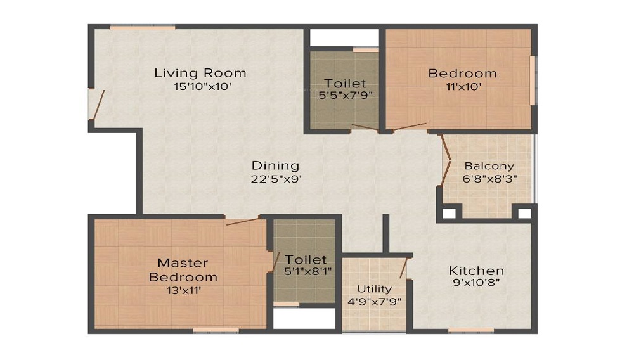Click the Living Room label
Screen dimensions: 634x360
[x=200, y=73]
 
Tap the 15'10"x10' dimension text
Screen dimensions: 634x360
[x=202, y=86]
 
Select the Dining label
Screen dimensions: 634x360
[x=275, y=165]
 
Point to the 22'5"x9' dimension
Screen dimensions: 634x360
[x=276, y=179]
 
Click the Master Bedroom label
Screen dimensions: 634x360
[x=183, y=270]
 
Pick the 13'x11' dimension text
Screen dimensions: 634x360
[x=184, y=290]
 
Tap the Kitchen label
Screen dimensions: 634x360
[x=476, y=270]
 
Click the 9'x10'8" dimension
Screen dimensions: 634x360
[x=476, y=283]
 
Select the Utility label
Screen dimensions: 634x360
[x=375, y=289]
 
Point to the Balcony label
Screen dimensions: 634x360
[x=489, y=166]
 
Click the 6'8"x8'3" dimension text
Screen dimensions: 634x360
[x=489, y=179]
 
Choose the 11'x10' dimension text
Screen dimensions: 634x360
[x=463, y=86]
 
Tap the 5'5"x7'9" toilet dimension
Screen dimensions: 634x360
[x=346, y=96]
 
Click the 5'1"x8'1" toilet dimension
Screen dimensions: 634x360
[x=307, y=271]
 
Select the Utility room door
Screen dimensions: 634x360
[x=403, y=268]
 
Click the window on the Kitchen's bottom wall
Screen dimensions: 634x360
[x=471, y=330]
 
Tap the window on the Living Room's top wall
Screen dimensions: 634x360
[x=142, y=27]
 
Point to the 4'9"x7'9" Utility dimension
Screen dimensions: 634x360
[x=375, y=302]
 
